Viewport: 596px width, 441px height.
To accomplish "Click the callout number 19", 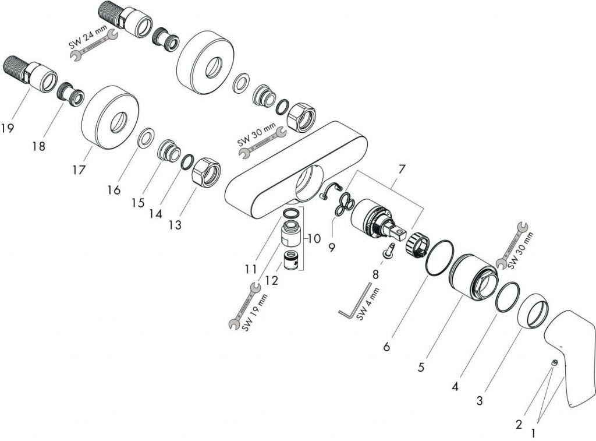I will point(8,128).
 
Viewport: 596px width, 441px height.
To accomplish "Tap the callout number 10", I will point(314,238).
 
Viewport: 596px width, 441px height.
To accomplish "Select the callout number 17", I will point(79,170).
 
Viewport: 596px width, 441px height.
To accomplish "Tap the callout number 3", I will point(480,401).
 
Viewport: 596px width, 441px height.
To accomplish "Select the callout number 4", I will point(456,386).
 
